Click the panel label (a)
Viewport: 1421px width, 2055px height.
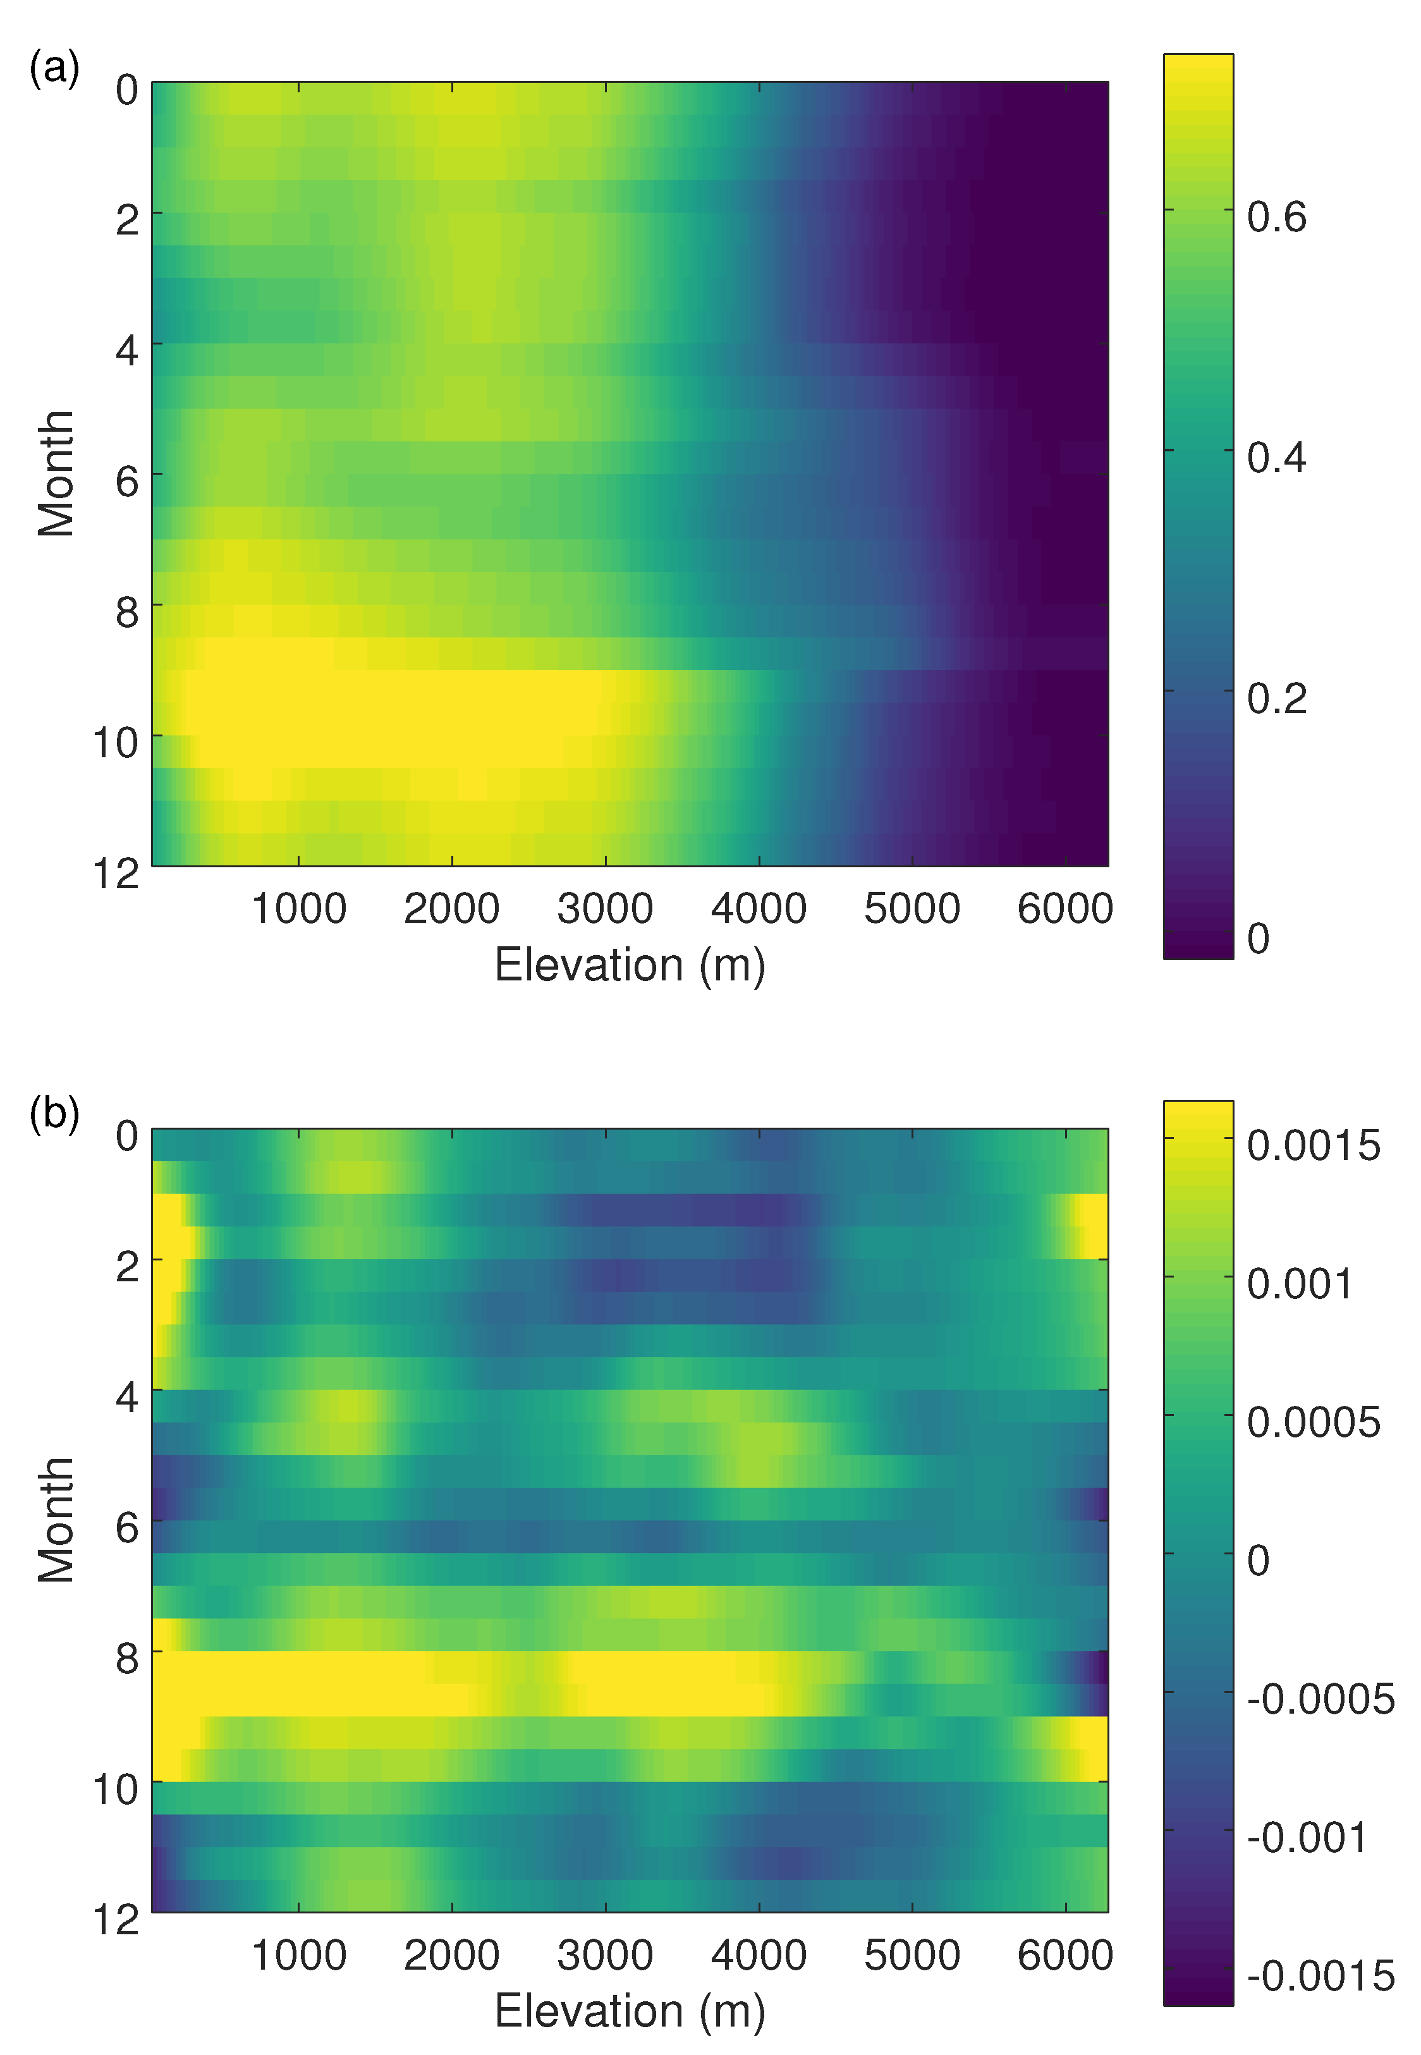tap(54, 68)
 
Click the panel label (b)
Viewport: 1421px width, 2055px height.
tap(54, 1114)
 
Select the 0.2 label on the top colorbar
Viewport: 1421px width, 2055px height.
tap(1276, 699)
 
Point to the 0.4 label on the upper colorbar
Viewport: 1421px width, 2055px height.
tap(1276, 458)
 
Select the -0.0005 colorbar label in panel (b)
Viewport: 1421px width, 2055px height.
tap(1319, 1700)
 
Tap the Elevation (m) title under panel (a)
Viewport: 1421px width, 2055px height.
tap(630, 965)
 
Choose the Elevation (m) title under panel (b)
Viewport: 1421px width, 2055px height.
tap(630, 2011)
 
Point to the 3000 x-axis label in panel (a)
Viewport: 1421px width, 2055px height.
tap(606, 909)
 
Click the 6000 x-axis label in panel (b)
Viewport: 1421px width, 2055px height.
tap(1065, 1956)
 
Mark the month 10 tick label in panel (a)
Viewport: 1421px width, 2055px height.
tap(116, 741)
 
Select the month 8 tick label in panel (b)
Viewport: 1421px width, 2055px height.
tap(126, 1659)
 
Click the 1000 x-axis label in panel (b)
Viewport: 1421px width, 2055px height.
tap(298, 1956)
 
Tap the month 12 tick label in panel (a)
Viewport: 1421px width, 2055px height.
tap(116, 874)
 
